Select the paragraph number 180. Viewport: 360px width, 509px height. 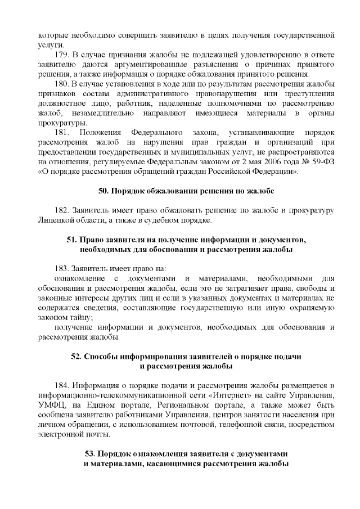[x=62, y=84]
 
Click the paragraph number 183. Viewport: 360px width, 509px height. [x=62, y=268]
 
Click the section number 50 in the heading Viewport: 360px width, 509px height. [x=104, y=191]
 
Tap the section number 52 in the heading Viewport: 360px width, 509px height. [x=77, y=356]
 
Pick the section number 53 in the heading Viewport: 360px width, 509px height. [x=90, y=453]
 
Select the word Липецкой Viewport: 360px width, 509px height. [x=55, y=219]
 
